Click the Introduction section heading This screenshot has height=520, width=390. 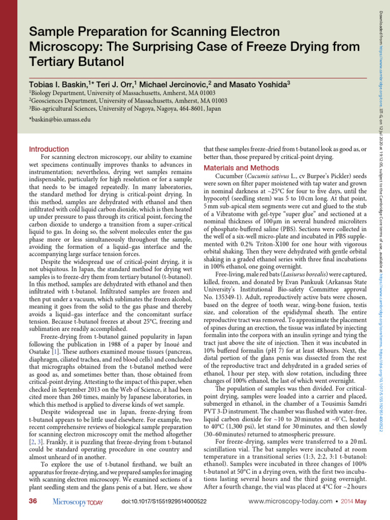point(49,149)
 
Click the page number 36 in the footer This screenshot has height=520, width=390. point(34,502)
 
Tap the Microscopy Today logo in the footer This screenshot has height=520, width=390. point(78,502)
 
